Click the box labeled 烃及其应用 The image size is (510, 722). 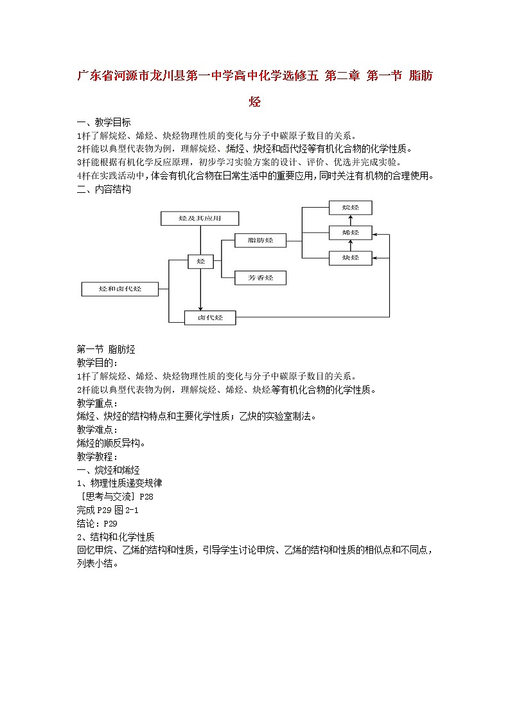(200, 219)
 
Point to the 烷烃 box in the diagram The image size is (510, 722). (350, 208)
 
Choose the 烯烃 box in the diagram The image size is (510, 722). (350, 232)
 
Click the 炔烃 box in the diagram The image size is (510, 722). (350, 257)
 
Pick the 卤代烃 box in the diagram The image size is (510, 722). (210, 317)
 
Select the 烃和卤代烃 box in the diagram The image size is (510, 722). (120, 289)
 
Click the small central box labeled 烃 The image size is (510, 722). (200, 262)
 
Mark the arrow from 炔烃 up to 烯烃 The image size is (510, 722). (350, 244)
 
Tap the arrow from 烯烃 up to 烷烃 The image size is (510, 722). (350, 220)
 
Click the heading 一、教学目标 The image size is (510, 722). (103, 122)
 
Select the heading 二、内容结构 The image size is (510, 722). (103, 189)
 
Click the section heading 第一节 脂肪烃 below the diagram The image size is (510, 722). (106, 349)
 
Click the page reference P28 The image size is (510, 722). (146, 496)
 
